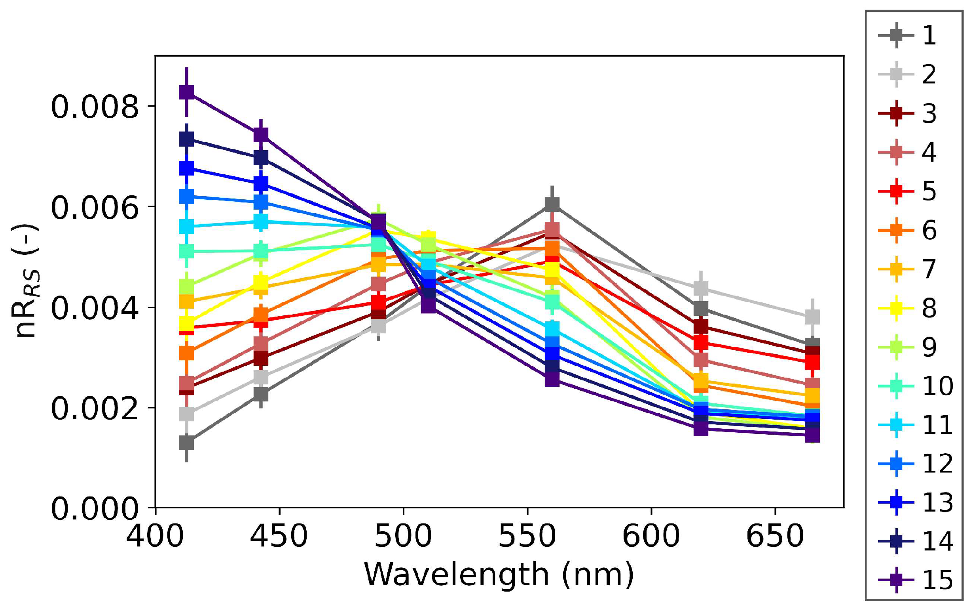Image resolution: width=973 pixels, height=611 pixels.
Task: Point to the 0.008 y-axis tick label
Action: pyautogui.click(x=95, y=107)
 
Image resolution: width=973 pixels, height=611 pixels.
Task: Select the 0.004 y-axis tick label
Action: pyautogui.click(x=95, y=308)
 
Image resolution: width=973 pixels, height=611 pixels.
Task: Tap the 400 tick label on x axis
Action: pyautogui.click(x=156, y=536)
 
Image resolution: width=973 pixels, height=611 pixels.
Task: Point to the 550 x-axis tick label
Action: pyautogui.click(x=527, y=536)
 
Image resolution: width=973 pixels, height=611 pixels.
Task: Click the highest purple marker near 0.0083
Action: pyautogui.click(x=186, y=93)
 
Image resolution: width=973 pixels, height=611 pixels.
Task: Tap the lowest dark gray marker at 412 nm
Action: pyautogui.click(x=186, y=443)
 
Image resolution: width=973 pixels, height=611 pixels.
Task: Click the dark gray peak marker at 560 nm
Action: pyautogui.click(x=552, y=204)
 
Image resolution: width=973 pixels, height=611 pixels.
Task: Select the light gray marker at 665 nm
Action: pyautogui.click(x=812, y=317)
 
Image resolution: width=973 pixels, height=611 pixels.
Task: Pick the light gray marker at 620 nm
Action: pyautogui.click(x=701, y=288)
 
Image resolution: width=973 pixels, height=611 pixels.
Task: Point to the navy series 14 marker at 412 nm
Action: pyautogui.click(x=186, y=139)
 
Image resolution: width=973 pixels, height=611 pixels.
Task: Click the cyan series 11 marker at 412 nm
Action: pyautogui.click(x=186, y=226)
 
